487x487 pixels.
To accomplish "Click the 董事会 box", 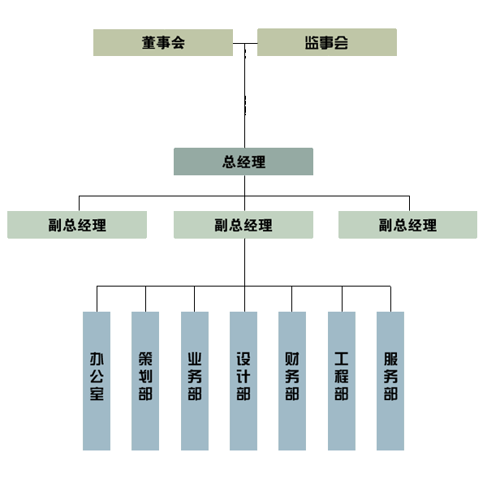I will [x=163, y=42].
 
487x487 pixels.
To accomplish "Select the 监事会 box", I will [x=327, y=42].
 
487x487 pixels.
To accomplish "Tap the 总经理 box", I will [x=243, y=162].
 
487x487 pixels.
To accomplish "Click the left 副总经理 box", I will [x=77, y=225].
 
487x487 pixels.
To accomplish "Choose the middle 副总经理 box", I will [x=243, y=225].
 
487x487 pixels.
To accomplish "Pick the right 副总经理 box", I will [x=407, y=225].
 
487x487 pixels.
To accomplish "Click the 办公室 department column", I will [x=97, y=381].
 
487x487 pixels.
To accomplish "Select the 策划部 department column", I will [x=145, y=381].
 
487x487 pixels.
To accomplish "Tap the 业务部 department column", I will [x=195, y=381].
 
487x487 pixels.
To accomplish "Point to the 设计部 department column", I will [x=243, y=381].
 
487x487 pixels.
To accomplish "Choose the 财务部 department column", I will [x=292, y=381].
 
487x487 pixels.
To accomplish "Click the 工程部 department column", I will [x=342, y=381].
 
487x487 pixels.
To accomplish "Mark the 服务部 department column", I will [x=390, y=381].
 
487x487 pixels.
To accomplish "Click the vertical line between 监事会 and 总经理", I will [x=244, y=97].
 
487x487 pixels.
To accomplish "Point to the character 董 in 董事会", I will [x=149, y=42].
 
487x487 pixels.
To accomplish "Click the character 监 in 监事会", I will [x=312, y=42].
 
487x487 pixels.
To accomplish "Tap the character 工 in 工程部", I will [x=342, y=359].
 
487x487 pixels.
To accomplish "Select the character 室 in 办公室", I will [x=97, y=395].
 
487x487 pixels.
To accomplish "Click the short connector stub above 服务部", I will [x=390, y=299].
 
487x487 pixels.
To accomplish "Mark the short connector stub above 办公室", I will [x=97, y=299].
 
